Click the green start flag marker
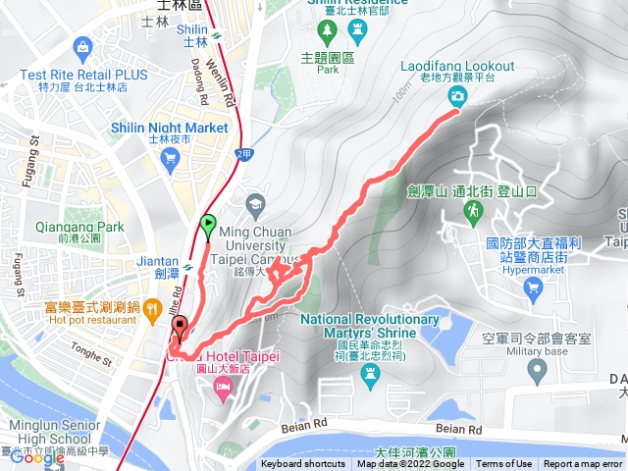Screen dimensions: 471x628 click(208, 225)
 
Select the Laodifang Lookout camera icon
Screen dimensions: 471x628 click(457, 95)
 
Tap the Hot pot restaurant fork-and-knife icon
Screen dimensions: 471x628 click(152, 312)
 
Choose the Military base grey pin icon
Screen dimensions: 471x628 click(536, 369)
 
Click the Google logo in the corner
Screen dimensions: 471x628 click(37, 457)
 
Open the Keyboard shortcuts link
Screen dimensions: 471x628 click(302, 464)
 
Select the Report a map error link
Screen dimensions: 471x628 click(583, 464)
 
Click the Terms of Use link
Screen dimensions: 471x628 click(504, 464)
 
